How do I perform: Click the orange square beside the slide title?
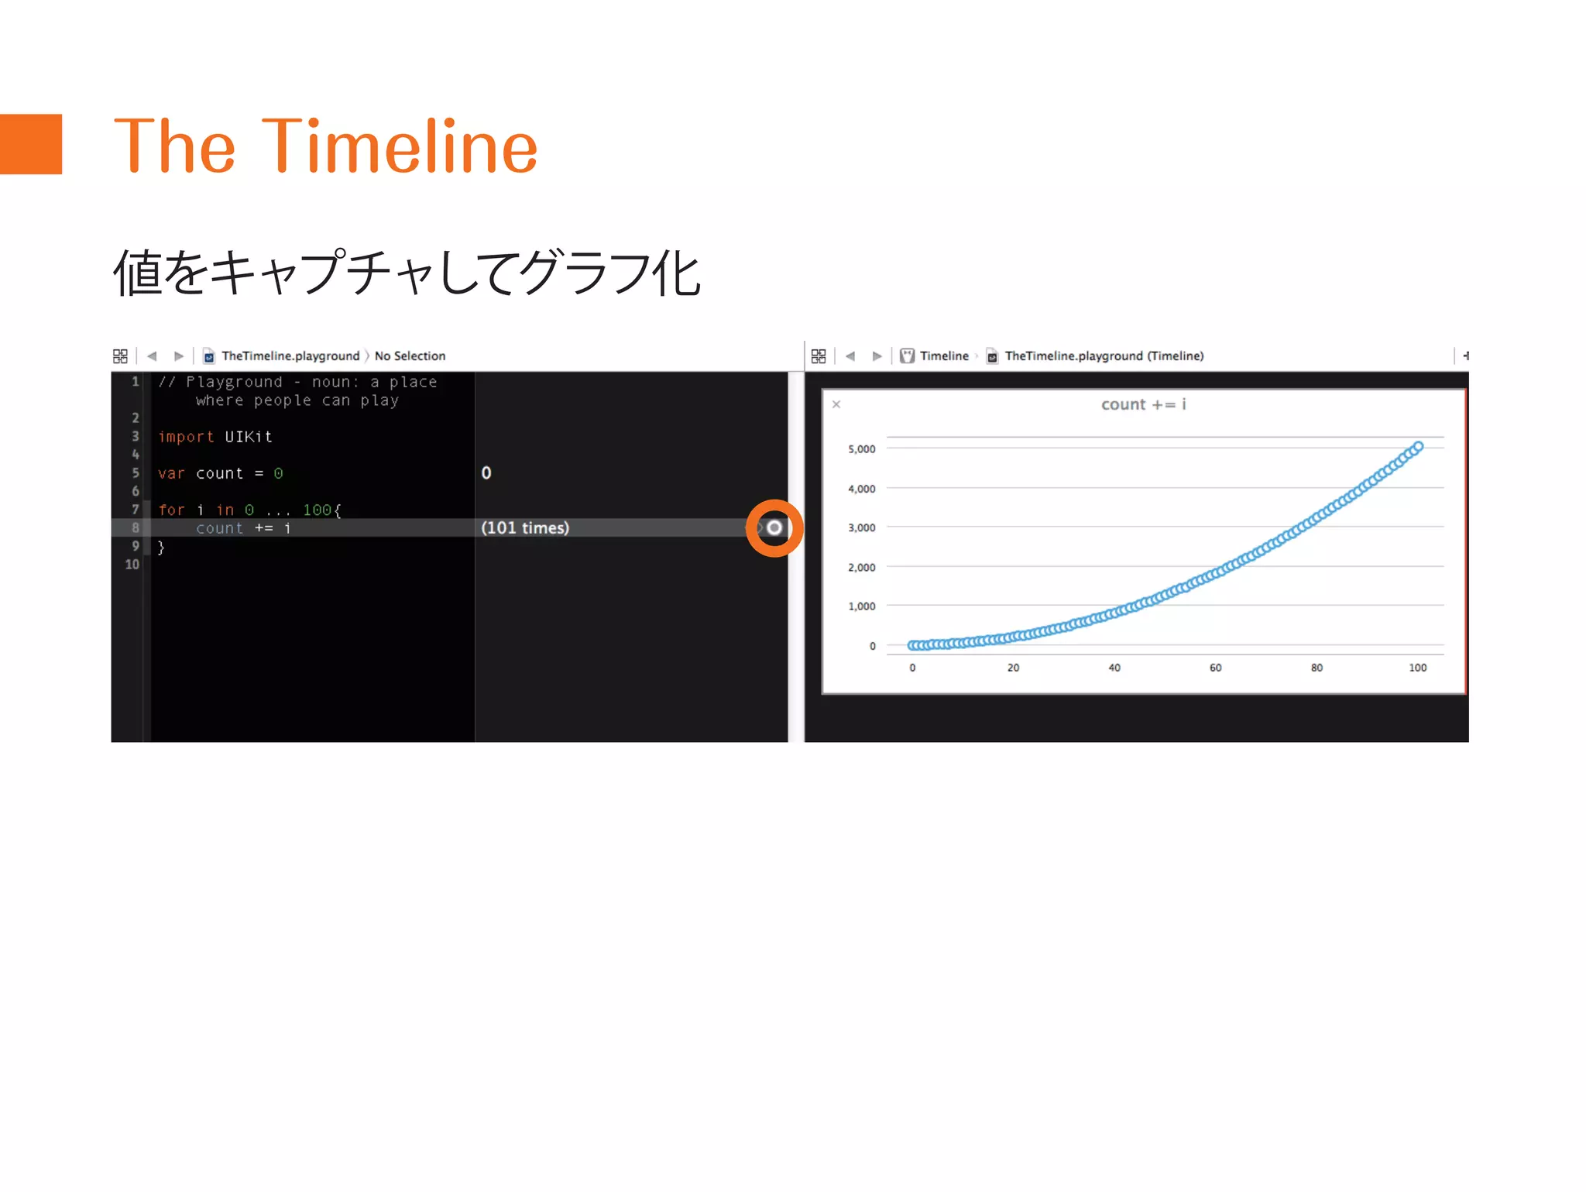[x=31, y=144]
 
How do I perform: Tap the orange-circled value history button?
[x=774, y=528]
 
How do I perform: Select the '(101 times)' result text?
[x=525, y=528]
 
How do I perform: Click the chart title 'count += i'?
[x=1143, y=404]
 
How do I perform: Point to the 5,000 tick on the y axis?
[x=861, y=449]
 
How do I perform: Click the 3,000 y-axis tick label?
[x=861, y=528]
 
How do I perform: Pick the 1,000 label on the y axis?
[x=861, y=606]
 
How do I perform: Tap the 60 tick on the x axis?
[x=1215, y=668]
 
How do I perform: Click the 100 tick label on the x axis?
[x=1417, y=668]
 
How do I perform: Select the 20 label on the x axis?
[x=1013, y=668]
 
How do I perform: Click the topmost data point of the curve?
[x=1418, y=447]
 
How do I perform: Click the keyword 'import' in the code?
[x=186, y=437]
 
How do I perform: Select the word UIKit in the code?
[x=249, y=437]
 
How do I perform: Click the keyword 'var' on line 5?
[x=171, y=473]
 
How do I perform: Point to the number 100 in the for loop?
[x=317, y=510]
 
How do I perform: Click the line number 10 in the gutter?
[x=132, y=565]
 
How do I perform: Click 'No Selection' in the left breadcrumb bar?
[x=410, y=356]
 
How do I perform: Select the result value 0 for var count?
[x=486, y=473]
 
